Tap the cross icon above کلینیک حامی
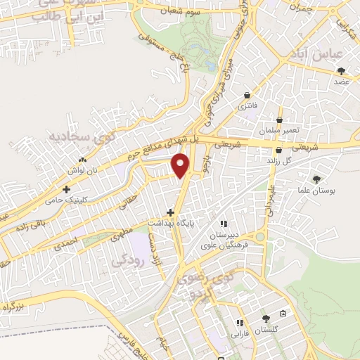pos(67,189)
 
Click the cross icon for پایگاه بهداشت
pos(170,212)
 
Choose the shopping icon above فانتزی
pos(247,96)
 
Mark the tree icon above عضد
pos(341,71)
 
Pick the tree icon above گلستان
pos(265,319)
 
